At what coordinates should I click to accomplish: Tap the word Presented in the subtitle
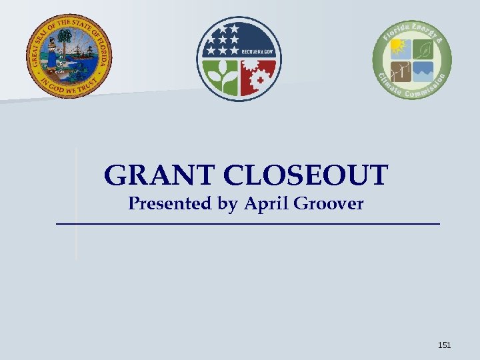pyautogui.click(x=168, y=203)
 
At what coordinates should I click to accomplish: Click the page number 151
pyautogui.click(x=444, y=345)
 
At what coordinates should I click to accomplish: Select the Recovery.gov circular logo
pyautogui.click(x=239, y=59)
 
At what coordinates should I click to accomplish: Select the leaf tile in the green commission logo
pyautogui.click(x=423, y=47)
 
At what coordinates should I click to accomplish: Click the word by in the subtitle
pyautogui.click(x=227, y=205)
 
